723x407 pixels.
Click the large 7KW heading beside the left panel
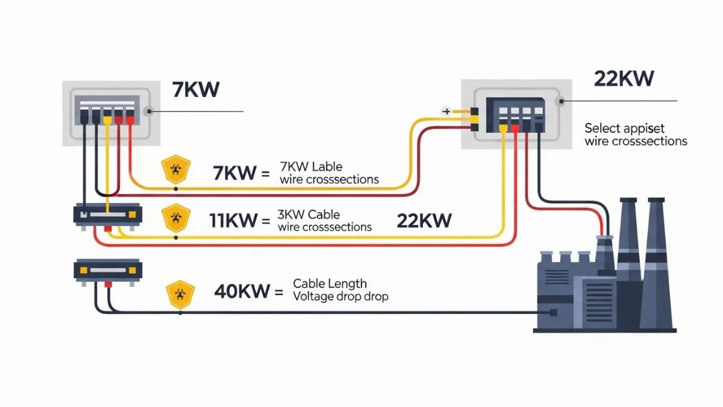click(x=196, y=89)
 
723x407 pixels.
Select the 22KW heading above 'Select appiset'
click(x=624, y=78)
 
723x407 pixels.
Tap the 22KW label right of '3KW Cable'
click(x=424, y=221)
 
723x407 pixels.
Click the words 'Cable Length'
click(x=330, y=283)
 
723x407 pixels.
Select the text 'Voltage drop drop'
click(x=340, y=297)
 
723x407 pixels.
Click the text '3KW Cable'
click(x=309, y=215)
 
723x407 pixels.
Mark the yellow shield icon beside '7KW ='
click(x=176, y=169)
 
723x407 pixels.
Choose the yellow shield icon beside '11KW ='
click(x=176, y=217)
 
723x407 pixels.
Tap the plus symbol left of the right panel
click(x=446, y=111)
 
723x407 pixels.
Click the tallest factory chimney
click(x=653, y=253)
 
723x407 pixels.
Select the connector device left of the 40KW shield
click(x=107, y=270)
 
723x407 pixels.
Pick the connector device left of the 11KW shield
click(x=107, y=215)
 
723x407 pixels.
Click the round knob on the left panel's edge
click(x=149, y=112)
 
